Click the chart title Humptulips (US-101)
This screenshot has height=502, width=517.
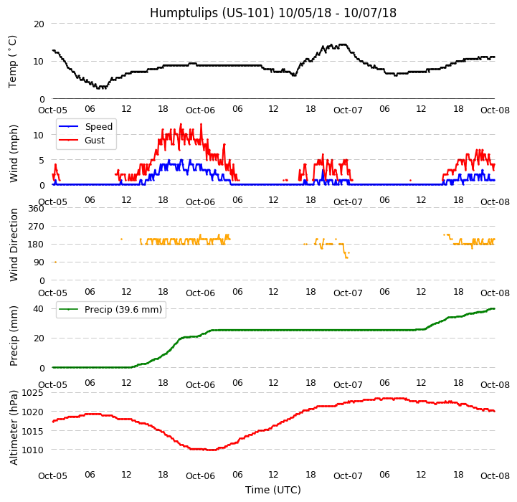click(272, 13)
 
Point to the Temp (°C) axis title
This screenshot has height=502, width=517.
click(12, 61)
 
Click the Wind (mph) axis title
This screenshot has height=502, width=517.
click(14, 153)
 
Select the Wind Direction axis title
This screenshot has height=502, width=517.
click(14, 244)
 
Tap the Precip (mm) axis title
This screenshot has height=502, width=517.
click(14, 336)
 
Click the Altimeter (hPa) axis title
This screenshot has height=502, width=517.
click(14, 427)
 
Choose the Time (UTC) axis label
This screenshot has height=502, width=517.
click(272, 490)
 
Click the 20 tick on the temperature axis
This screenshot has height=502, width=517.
click(39, 24)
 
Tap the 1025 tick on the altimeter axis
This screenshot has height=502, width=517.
click(33, 393)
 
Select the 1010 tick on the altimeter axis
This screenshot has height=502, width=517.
click(33, 450)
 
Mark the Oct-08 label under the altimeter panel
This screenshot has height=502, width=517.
click(495, 476)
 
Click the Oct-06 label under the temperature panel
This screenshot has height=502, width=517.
click(200, 110)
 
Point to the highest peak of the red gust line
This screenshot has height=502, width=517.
click(181, 124)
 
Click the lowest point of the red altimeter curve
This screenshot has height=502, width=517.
click(210, 450)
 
